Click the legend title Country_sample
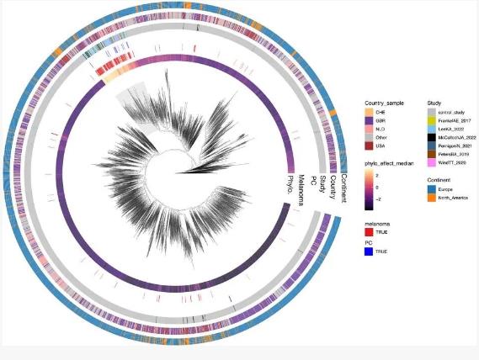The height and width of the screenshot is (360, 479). click(x=386, y=103)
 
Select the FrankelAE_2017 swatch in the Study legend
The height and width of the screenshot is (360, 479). click(x=432, y=120)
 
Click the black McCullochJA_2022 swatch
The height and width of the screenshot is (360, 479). click(x=432, y=137)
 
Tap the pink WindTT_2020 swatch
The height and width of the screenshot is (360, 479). click(x=432, y=162)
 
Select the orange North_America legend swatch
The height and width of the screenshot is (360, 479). click(x=432, y=199)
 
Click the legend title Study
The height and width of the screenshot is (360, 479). click(x=434, y=103)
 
